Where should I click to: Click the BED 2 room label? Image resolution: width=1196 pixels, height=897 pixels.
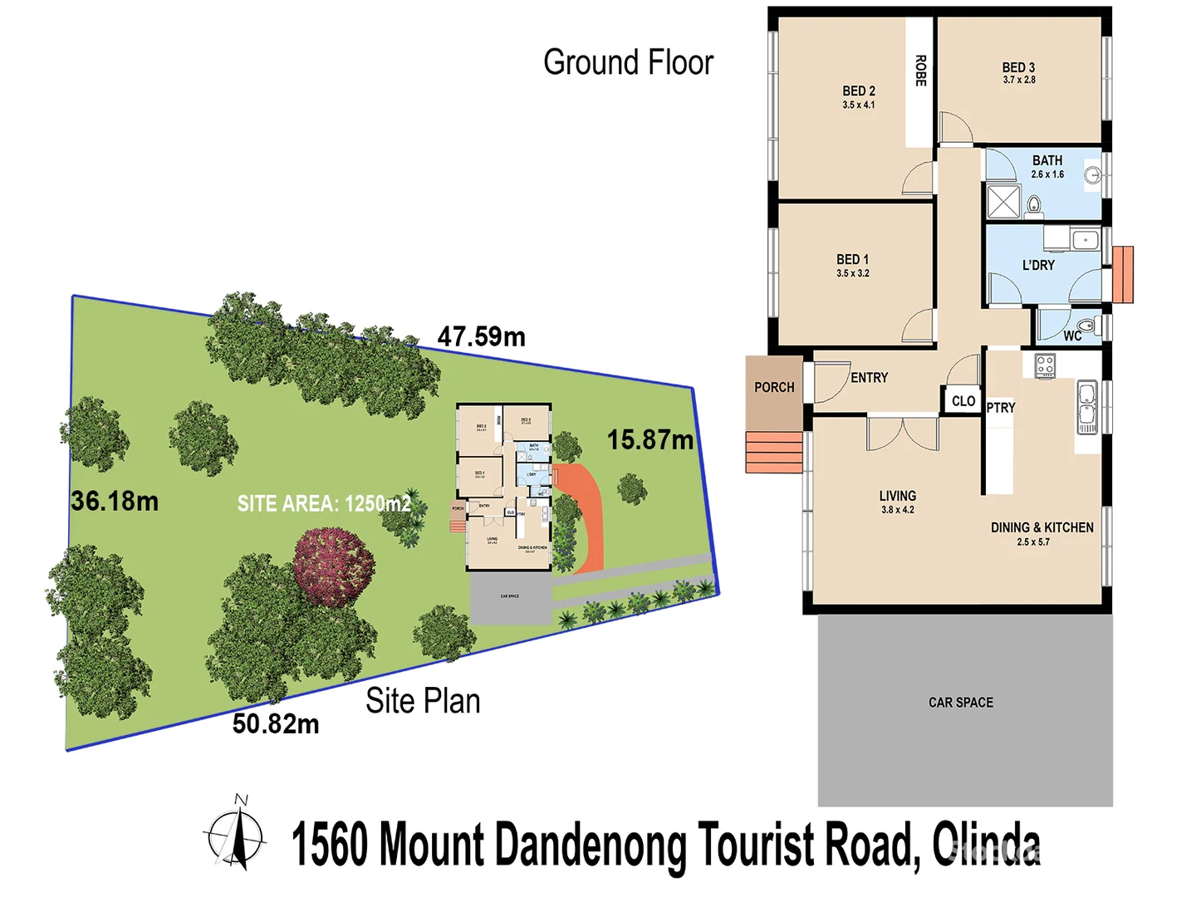(x=859, y=91)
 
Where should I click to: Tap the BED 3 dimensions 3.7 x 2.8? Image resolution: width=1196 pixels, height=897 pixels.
(x=1019, y=81)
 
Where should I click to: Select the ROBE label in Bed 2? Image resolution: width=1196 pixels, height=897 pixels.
(x=920, y=71)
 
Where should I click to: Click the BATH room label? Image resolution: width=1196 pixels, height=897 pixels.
(x=1047, y=160)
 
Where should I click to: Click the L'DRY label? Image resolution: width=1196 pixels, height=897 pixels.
(x=1038, y=265)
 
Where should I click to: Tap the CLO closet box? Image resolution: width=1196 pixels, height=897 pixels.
(x=963, y=401)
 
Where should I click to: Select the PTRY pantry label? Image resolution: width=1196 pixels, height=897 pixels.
(x=1001, y=408)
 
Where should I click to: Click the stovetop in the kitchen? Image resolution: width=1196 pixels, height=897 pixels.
(x=1045, y=365)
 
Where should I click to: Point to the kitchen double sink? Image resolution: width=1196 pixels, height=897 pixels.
(x=1087, y=407)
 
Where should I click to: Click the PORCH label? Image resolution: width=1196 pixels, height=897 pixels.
(x=774, y=387)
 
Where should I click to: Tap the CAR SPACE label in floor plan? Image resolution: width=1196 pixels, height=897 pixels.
(x=961, y=703)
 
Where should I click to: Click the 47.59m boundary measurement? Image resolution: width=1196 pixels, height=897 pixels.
(x=482, y=337)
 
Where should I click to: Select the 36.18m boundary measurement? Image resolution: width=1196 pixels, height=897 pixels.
(x=115, y=501)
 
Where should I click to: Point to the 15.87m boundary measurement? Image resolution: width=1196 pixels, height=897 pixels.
(x=650, y=440)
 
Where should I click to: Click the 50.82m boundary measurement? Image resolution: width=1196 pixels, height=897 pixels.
(x=276, y=724)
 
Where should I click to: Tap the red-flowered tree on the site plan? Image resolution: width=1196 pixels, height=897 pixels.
(x=334, y=566)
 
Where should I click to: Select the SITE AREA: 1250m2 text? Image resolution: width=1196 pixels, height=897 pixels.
(x=324, y=503)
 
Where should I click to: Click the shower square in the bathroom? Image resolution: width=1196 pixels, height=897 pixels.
(x=1003, y=202)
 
